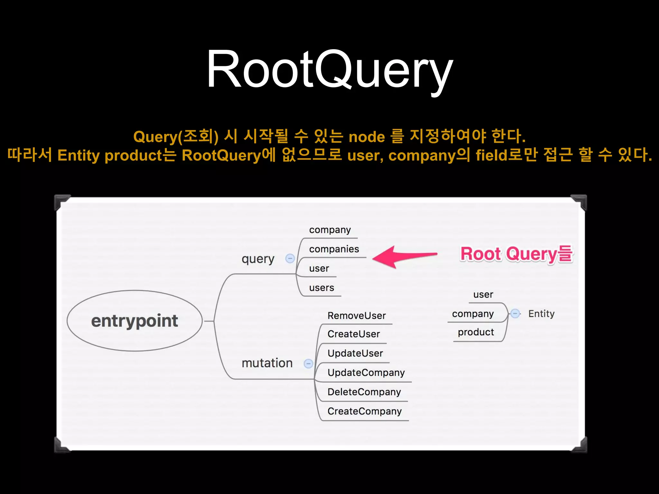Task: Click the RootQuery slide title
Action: click(x=329, y=69)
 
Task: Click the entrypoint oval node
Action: click(x=135, y=321)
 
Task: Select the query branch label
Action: click(x=258, y=259)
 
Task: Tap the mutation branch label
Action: click(x=267, y=363)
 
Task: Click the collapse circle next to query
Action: click(x=290, y=258)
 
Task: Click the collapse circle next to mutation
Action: click(x=308, y=363)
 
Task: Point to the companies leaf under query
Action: click(x=334, y=249)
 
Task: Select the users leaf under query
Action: click(x=321, y=288)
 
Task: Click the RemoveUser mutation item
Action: click(x=357, y=316)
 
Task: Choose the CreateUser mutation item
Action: click(x=354, y=334)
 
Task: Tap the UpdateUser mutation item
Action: click(x=355, y=353)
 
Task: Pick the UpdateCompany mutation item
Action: click(x=366, y=372)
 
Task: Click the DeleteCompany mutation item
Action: click(x=364, y=392)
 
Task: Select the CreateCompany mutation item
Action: click(x=364, y=411)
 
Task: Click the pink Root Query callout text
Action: click(x=516, y=254)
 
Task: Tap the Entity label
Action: click(x=541, y=314)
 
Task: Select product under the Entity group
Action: click(x=476, y=332)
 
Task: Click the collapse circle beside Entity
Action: click(x=515, y=313)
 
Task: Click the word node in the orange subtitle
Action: click(x=367, y=137)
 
